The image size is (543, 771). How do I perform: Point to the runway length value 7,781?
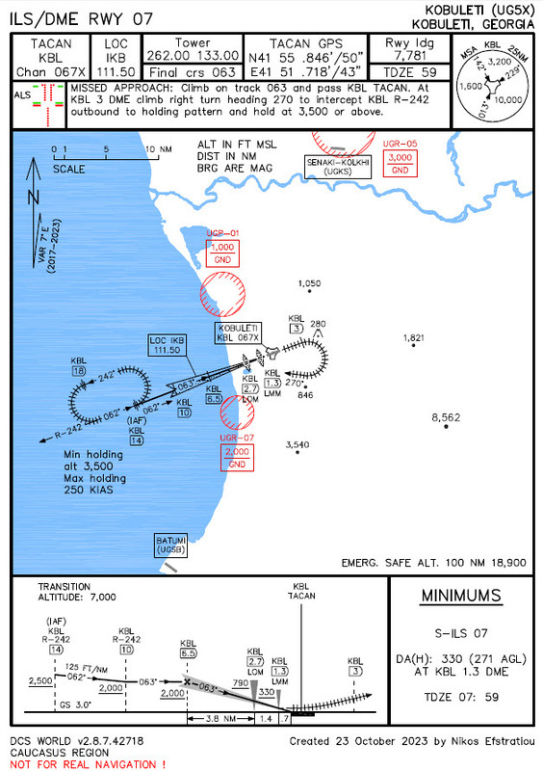pyautogui.click(x=411, y=56)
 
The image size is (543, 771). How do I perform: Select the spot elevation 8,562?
pyautogui.click(x=446, y=417)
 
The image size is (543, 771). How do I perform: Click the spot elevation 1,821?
pyautogui.click(x=414, y=338)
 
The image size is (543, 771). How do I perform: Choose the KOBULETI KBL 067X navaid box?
pyautogui.click(x=238, y=332)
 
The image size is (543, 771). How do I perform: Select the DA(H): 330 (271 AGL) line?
pyautogui.click(x=461, y=658)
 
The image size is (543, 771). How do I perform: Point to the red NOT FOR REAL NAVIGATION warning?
pyautogui.click(x=86, y=763)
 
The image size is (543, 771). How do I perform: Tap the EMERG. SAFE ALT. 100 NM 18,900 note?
pyautogui.click(x=433, y=561)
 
